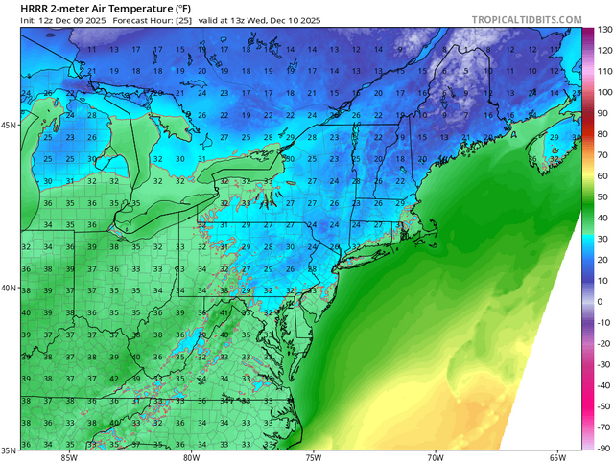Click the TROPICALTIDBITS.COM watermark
[x=527, y=20]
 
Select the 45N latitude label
[x=10, y=125]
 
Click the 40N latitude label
[x=10, y=288]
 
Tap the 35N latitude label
[x=10, y=449]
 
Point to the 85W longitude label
[x=68, y=456]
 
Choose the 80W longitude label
[x=191, y=456]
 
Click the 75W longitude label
[x=313, y=456]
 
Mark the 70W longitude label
[x=436, y=456]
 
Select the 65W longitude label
[x=558, y=456]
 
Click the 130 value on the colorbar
[x=604, y=29]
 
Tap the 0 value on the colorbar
[x=600, y=302]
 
